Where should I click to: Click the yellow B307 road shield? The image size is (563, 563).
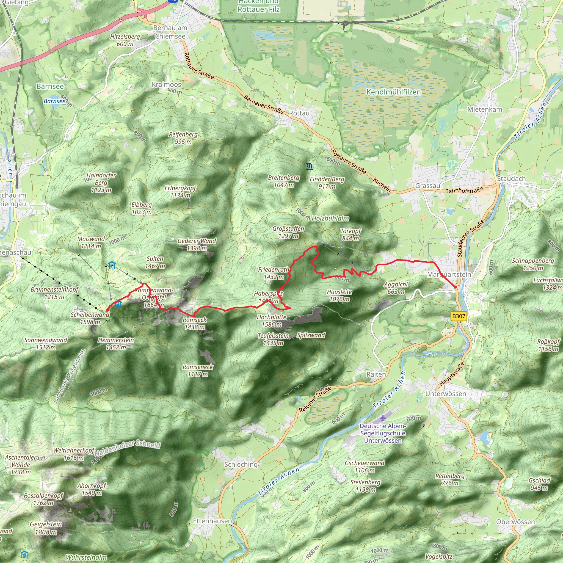(x=458, y=316)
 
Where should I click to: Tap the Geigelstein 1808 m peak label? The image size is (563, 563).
(x=46, y=528)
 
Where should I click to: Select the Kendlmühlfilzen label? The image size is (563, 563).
(x=393, y=92)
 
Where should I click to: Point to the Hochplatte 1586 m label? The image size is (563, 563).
(x=272, y=321)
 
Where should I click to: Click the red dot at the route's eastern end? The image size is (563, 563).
(x=456, y=287)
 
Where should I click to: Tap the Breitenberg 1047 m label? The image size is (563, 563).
(x=283, y=181)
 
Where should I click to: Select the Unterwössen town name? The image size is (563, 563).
(x=446, y=394)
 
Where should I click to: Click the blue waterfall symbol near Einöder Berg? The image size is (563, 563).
(x=310, y=167)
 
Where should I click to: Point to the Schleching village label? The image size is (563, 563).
(x=241, y=465)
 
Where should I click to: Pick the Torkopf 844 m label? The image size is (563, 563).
(x=351, y=234)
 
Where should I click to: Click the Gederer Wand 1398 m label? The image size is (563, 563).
(x=197, y=244)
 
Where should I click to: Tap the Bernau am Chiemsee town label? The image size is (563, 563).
(x=170, y=32)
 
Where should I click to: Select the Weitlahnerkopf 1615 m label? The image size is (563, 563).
(x=74, y=454)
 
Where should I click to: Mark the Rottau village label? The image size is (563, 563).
(x=299, y=113)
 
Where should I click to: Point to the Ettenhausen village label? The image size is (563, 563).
(x=212, y=521)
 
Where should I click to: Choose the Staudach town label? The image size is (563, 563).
(x=511, y=179)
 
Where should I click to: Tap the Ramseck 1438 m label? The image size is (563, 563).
(x=195, y=323)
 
